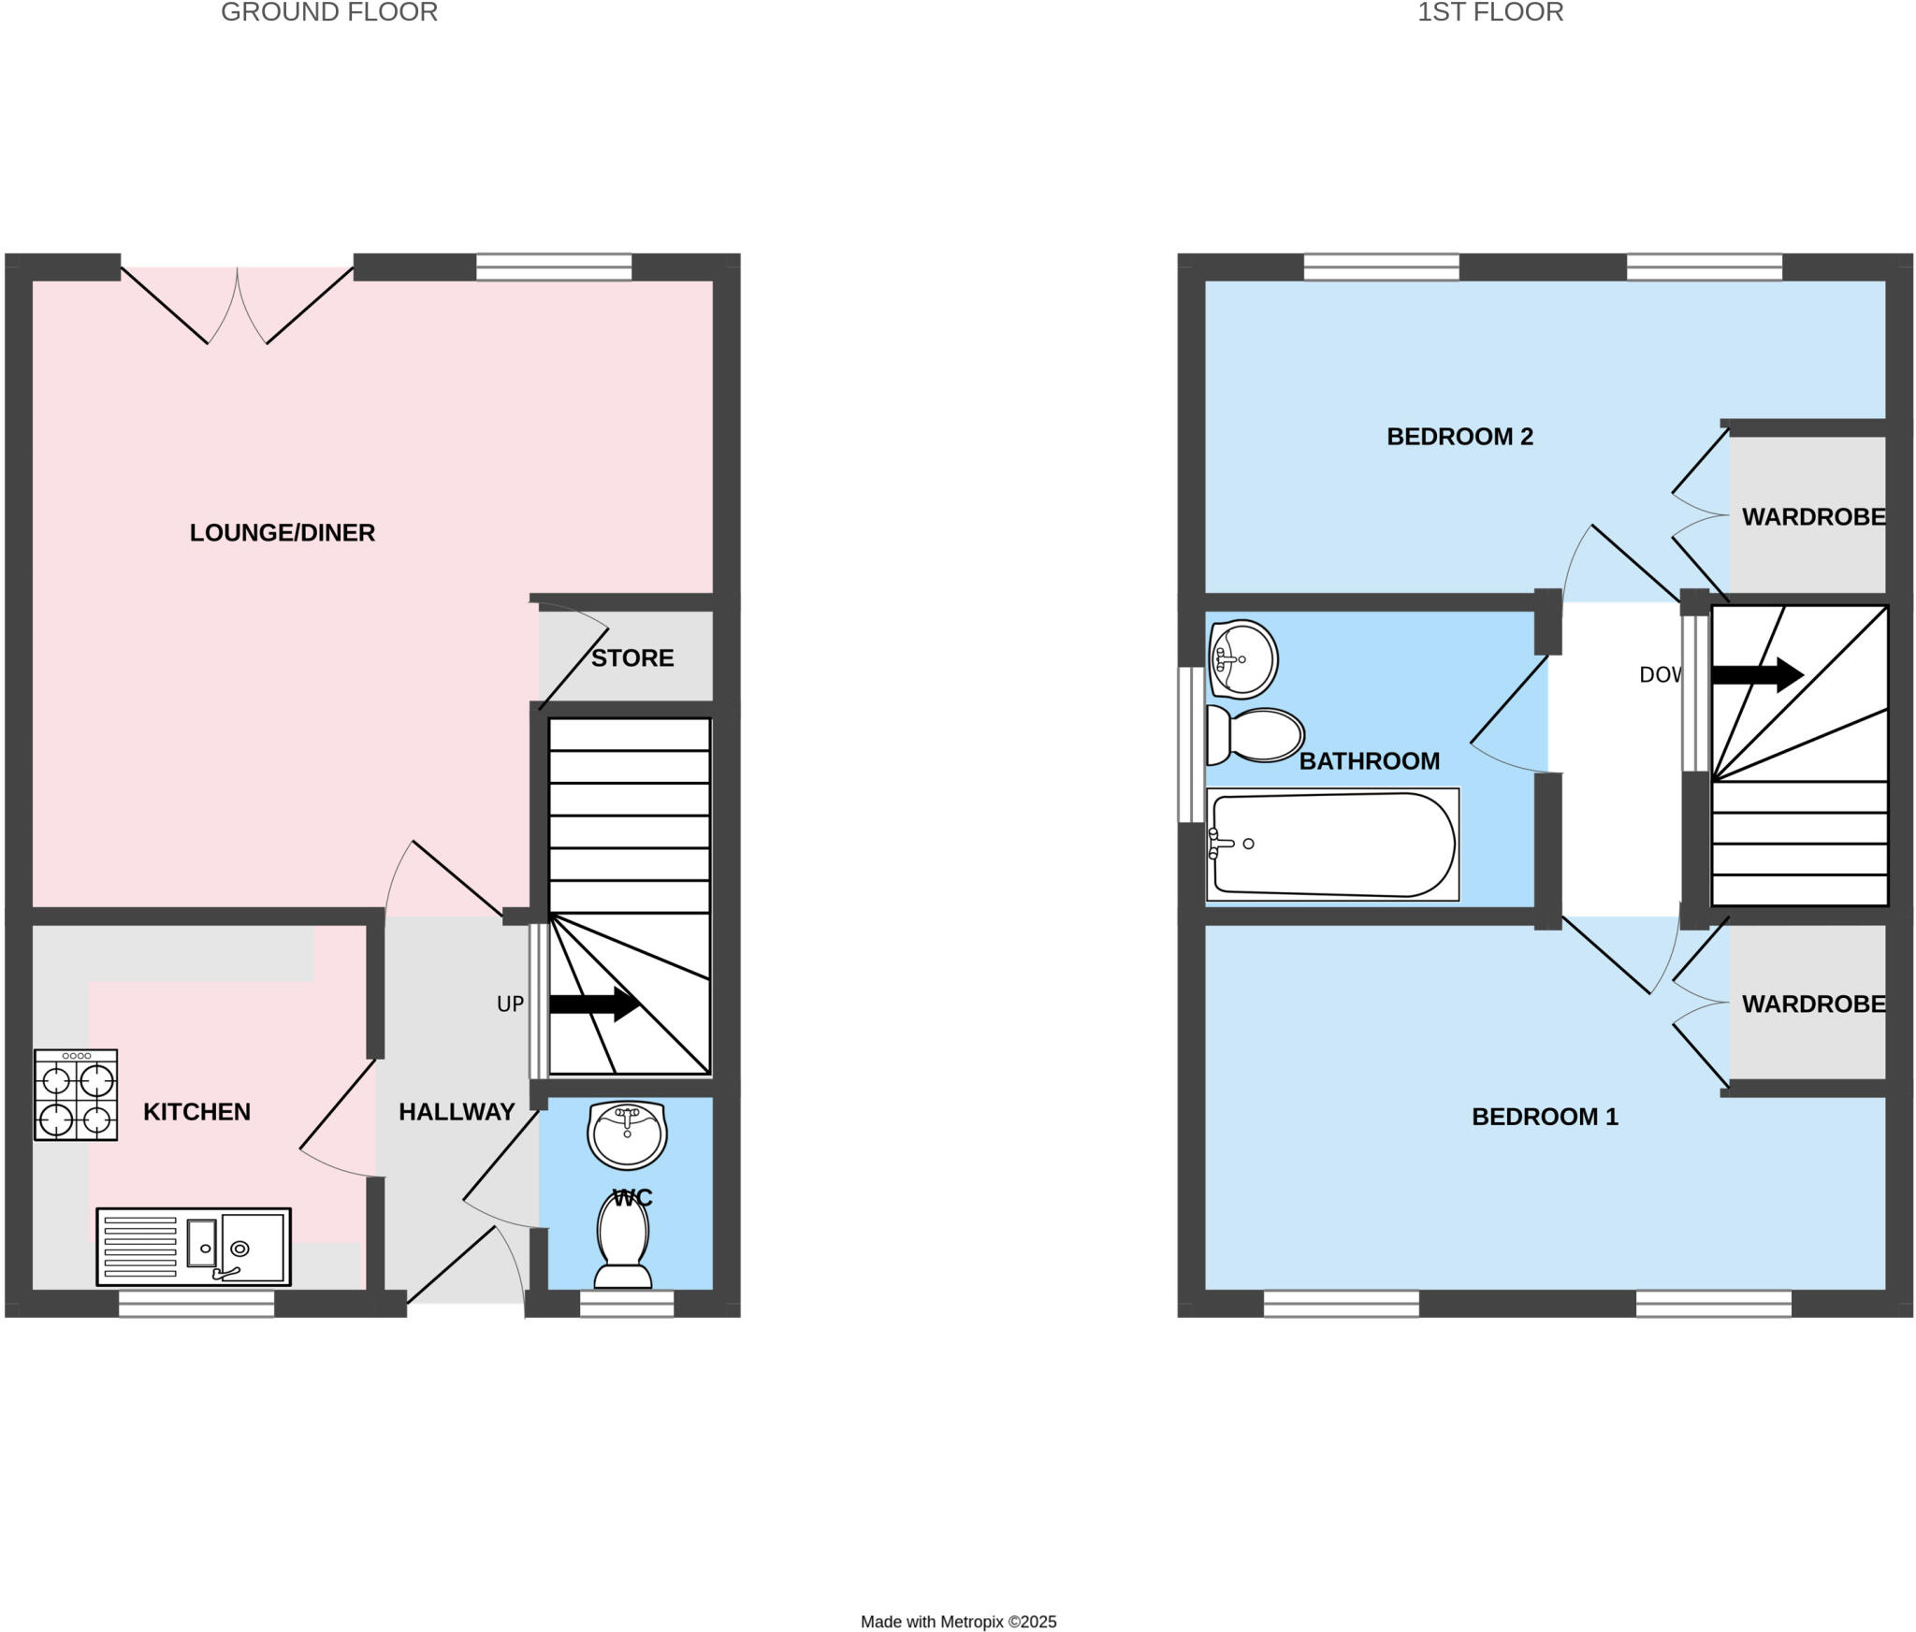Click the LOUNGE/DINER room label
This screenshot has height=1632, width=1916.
pos(282,532)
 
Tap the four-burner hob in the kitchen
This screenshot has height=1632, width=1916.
pos(76,1094)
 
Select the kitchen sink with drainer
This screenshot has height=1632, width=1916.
pos(194,1246)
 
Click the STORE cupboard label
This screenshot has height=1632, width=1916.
pos(632,657)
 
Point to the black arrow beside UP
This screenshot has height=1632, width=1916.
pos(594,1004)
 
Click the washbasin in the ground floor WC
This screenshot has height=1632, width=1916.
pos(627,1134)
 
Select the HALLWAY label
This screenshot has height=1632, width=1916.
pos(457,1111)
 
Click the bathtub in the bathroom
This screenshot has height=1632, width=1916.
pos(1332,844)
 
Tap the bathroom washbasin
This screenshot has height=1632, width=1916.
pos(1242,659)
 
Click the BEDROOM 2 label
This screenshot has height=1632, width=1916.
pos(1459,437)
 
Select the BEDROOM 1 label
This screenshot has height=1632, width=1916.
pos(1545,1116)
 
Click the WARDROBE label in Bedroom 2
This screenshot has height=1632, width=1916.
pos(1812,516)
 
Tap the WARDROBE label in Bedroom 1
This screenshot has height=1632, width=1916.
pos(1812,1004)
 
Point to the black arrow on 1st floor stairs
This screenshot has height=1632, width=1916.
pos(1757,674)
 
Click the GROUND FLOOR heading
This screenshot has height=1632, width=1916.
pos(329,12)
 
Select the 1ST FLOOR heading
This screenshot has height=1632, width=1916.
pos(1489,12)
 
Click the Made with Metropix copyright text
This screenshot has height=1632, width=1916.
pos(958,1622)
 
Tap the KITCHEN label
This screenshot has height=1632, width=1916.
pos(196,1111)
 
